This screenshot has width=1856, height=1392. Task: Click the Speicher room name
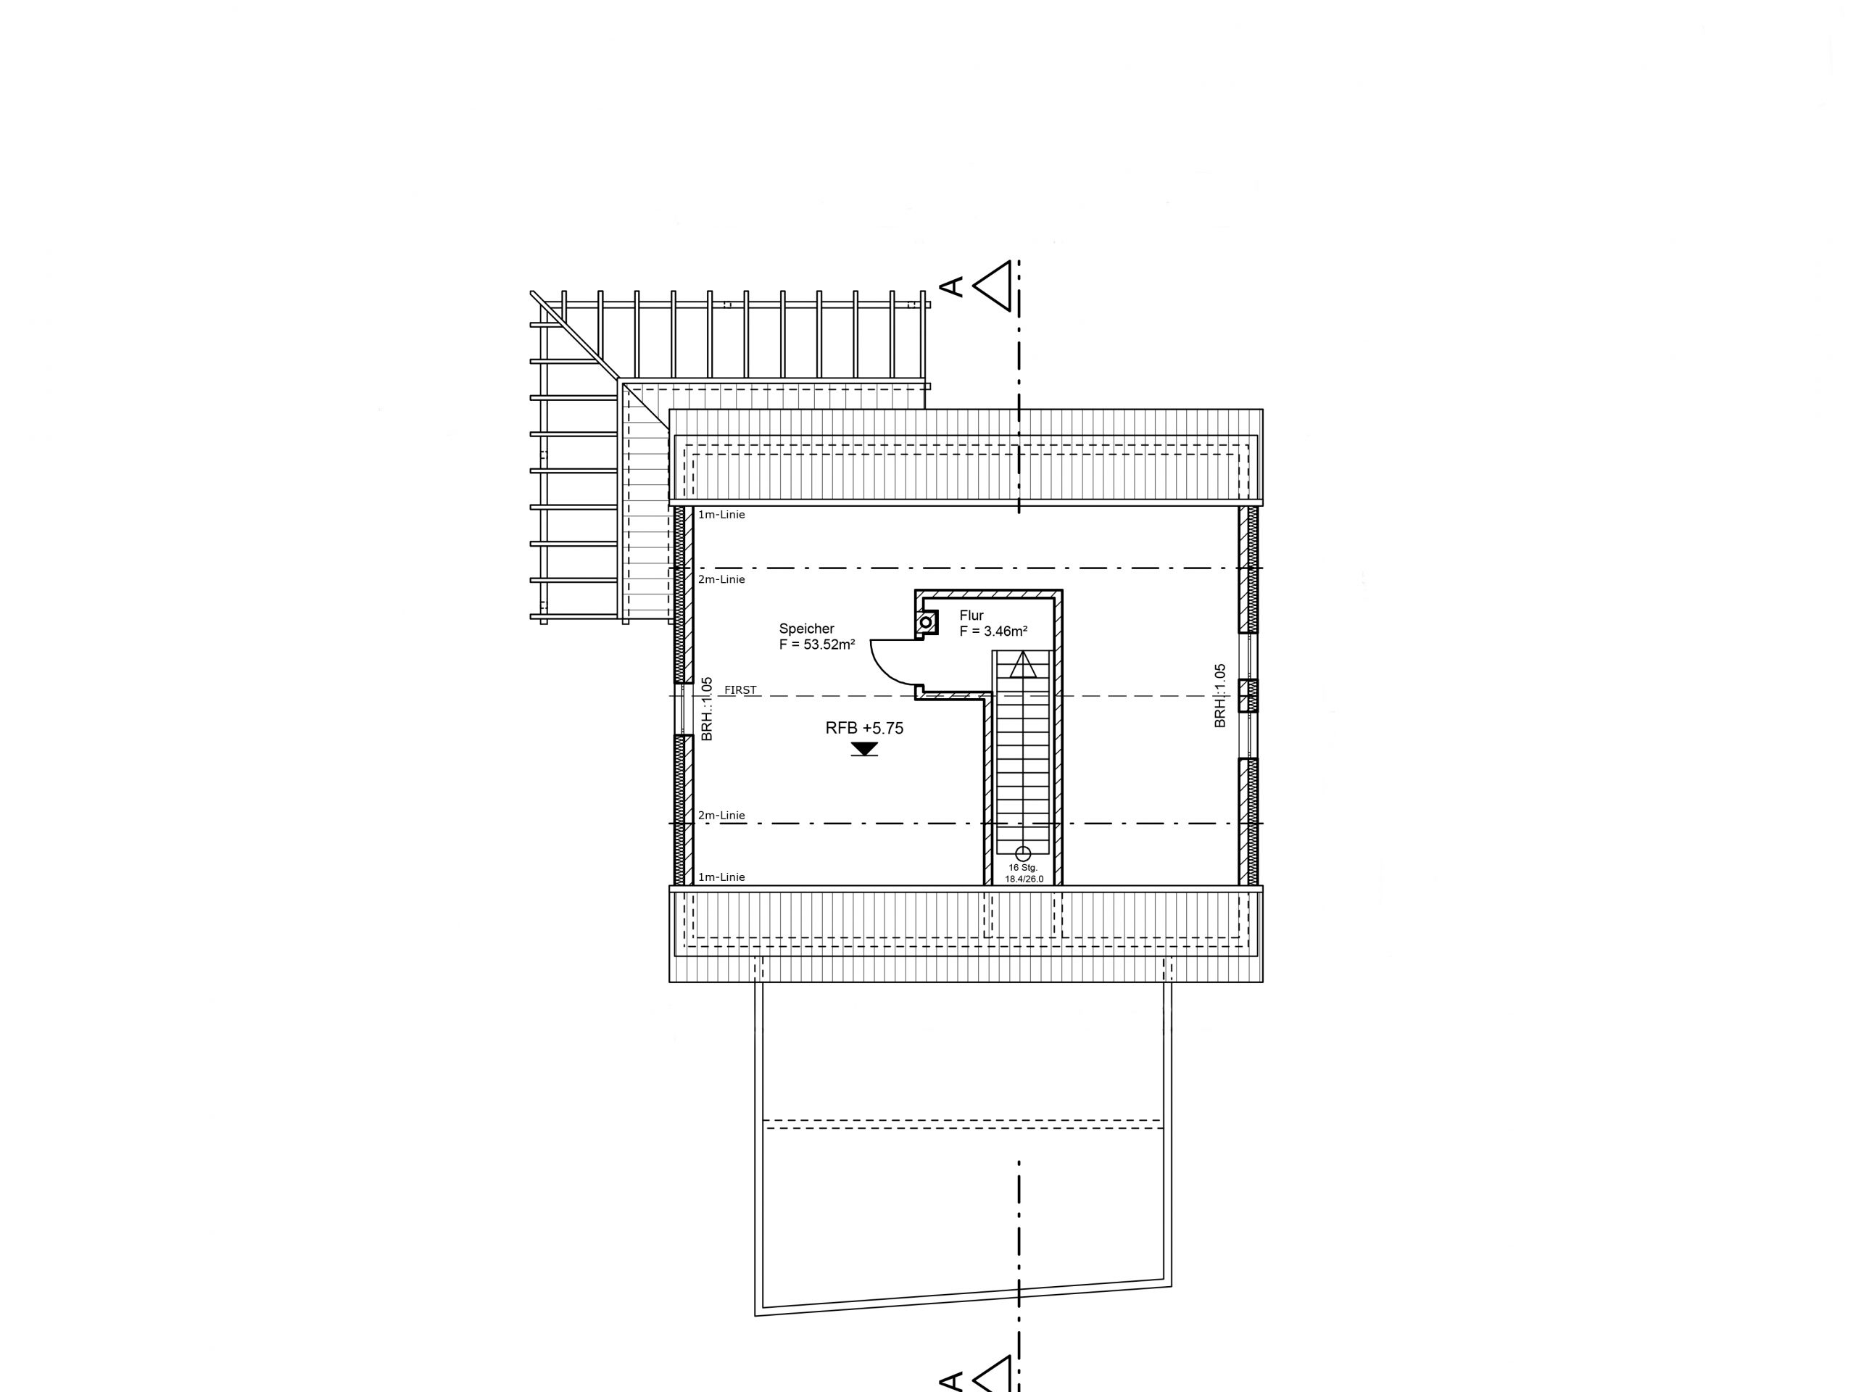(806, 629)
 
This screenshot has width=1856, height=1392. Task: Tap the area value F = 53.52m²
(816, 645)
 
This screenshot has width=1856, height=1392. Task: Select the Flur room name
(971, 615)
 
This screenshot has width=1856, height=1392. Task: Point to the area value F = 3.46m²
(993, 631)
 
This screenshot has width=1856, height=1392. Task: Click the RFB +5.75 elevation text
(864, 729)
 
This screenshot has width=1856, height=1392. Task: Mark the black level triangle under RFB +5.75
(864, 748)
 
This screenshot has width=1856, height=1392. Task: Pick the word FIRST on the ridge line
(740, 689)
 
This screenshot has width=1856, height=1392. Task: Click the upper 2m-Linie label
(721, 579)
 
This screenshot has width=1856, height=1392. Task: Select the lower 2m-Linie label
(721, 815)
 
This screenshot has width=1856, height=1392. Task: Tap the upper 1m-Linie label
(721, 514)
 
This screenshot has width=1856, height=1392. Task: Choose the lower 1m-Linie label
(721, 877)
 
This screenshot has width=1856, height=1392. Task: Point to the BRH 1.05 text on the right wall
(1221, 695)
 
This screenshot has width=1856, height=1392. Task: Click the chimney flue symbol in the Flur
(927, 623)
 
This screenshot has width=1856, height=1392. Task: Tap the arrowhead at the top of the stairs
(1023, 666)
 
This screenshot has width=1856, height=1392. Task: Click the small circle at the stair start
(1023, 853)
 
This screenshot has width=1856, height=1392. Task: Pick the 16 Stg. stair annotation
(1023, 868)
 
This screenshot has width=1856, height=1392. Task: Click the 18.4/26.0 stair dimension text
(1024, 879)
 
